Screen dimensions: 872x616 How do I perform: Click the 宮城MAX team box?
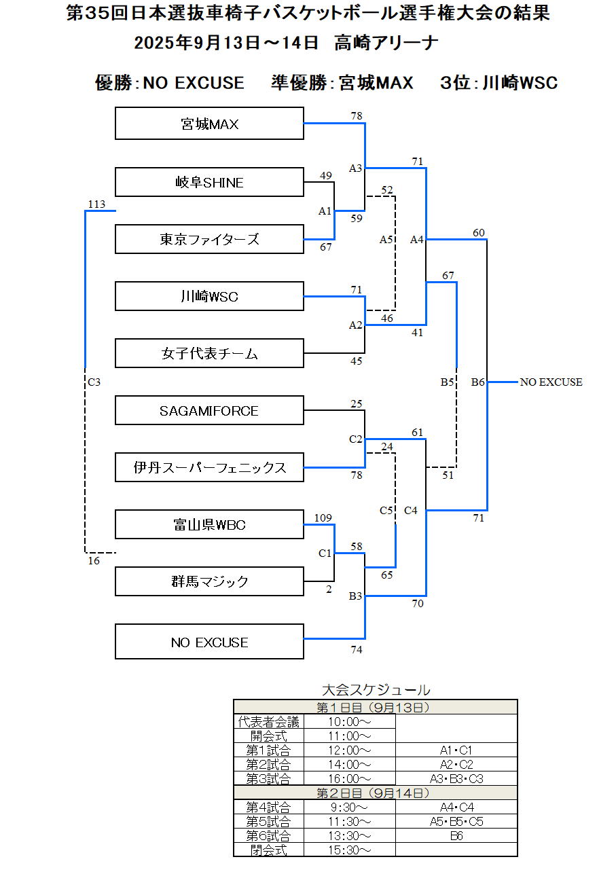pyautogui.click(x=209, y=124)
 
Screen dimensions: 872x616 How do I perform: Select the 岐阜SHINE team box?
pyautogui.click(x=209, y=182)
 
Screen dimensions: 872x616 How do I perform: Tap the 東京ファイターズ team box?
pyautogui.click(x=209, y=239)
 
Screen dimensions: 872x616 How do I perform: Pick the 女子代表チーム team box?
pyautogui.click(x=209, y=354)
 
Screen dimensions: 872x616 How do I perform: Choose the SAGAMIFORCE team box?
pyautogui.click(x=209, y=411)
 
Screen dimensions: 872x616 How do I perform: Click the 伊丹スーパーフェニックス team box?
pyautogui.click(x=209, y=468)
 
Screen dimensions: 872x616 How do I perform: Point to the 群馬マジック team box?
pyautogui.click(x=209, y=582)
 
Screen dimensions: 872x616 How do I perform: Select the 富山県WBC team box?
pyautogui.click(x=209, y=525)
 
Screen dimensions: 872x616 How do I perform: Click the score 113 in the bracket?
pyautogui.click(x=97, y=204)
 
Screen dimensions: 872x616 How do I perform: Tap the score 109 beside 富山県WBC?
pyautogui.click(x=323, y=518)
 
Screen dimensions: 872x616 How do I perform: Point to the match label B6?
pyautogui.click(x=478, y=382)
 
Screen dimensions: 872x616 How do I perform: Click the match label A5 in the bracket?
pyautogui.click(x=386, y=239)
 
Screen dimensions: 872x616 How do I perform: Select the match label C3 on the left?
pyautogui.click(x=94, y=382)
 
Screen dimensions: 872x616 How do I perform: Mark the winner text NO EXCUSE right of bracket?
pyautogui.click(x=551, y=382)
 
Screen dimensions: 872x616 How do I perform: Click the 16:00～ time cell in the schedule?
pyautogui.click(x=349, y=779)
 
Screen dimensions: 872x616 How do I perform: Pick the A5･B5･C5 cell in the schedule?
pyautogui.click(x=456, y=822)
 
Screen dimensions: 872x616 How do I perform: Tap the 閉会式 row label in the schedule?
pyautogui.click(x=268, y=850)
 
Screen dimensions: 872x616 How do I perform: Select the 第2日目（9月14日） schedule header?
pyautogui.click(x=375, y=793)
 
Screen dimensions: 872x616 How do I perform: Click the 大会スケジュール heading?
pyautogui.click(x=376, y=690)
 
